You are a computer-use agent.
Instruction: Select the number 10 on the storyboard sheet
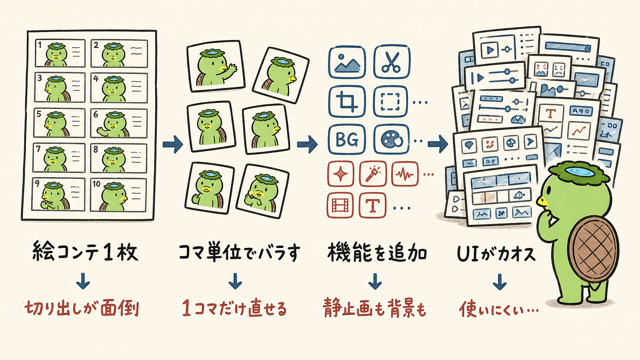tap(96, 184)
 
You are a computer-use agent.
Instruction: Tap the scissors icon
tap(392, 62)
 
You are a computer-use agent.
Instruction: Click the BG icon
tap(347, 140)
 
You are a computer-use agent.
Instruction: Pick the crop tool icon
tap(347, 101)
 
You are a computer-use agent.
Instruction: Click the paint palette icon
tap(391, 140)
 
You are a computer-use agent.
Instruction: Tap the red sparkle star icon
tap(341, 174)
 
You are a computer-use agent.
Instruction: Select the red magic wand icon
tap(373, 174)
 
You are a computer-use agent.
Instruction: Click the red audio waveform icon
tap(405, 174)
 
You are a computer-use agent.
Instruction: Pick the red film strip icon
tap(340, 205)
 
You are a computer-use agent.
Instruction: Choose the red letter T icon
tap(373, 205)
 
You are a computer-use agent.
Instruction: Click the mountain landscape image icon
tap(347, 62)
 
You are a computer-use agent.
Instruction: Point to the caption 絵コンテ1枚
tap(85, 252)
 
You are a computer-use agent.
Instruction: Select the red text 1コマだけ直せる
tap(235, 308)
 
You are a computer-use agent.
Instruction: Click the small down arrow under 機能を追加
tap(375, 281)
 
